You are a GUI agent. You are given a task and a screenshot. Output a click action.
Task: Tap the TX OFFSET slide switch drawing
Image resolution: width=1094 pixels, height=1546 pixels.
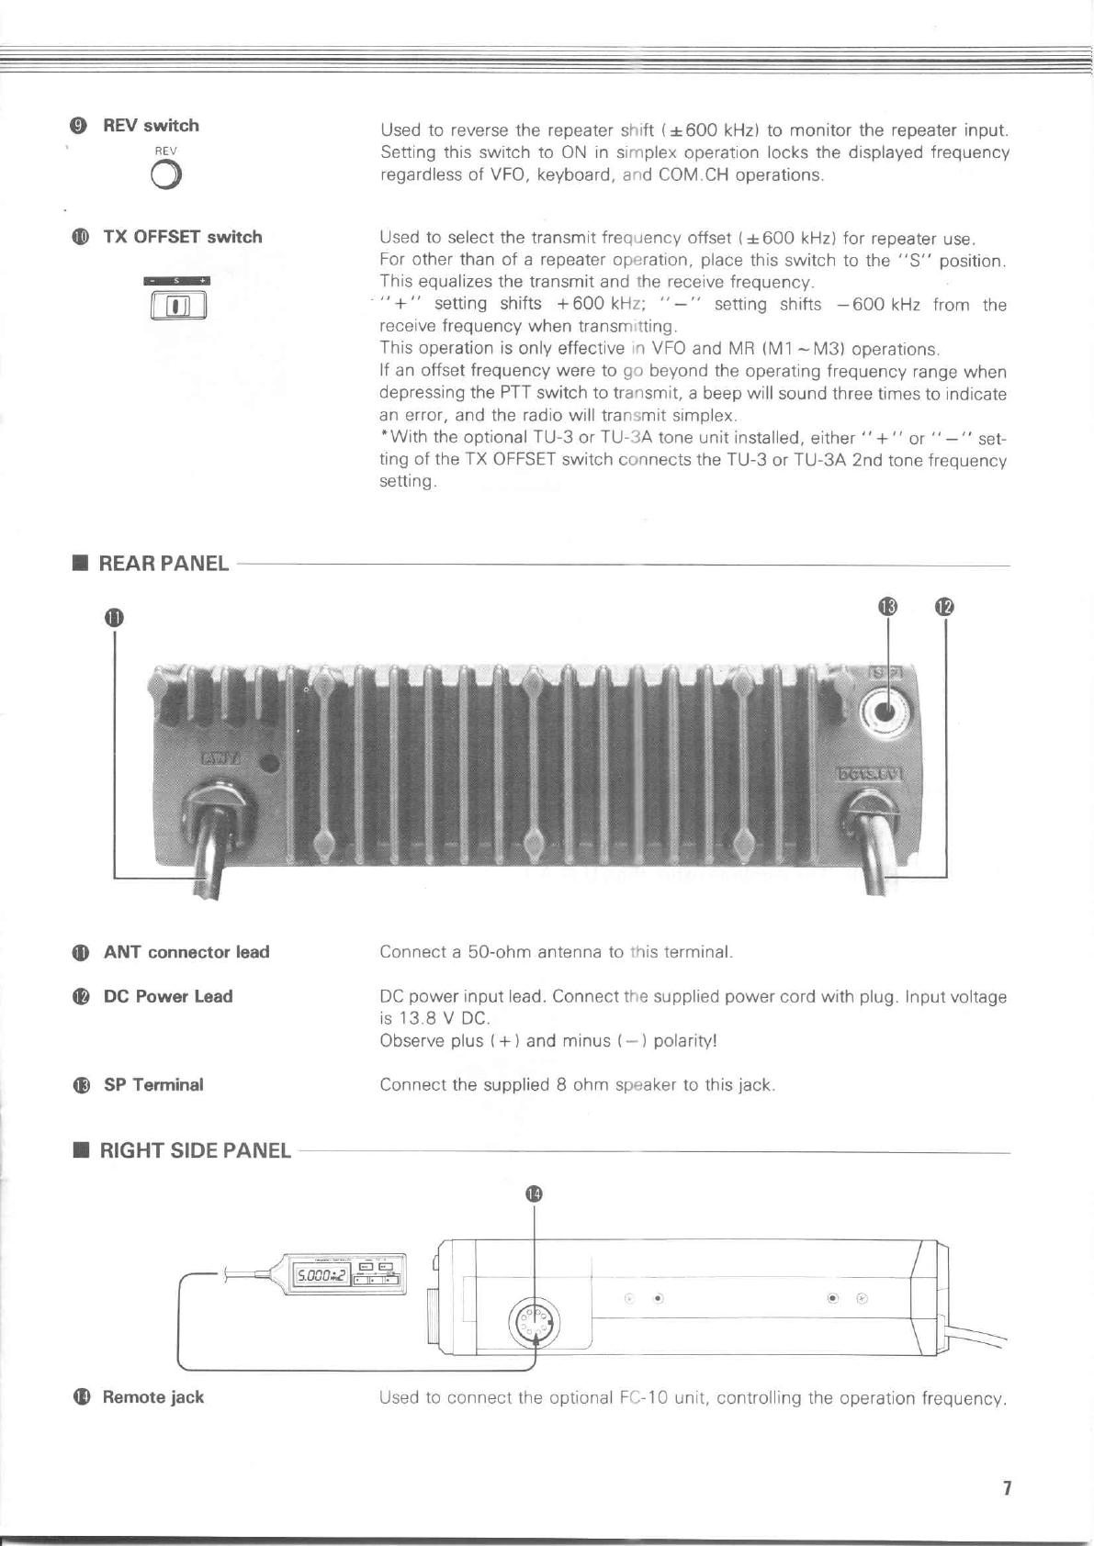[x=178, y=304]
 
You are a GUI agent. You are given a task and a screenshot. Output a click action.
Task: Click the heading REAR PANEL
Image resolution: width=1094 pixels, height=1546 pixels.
[x=163, y=564]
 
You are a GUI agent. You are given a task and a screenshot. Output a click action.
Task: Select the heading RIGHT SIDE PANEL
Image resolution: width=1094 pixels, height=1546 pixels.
[x=195, y=1150]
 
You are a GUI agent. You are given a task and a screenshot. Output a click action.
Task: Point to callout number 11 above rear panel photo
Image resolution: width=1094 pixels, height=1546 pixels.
[x=113, y=617]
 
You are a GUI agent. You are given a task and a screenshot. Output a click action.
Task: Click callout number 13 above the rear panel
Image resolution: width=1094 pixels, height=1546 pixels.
[x=886, y=607]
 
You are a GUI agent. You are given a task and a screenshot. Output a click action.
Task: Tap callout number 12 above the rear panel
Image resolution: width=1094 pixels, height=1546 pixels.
[x=945, y=607]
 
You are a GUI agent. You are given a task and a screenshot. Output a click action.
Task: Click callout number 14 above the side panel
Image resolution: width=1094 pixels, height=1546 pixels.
[x=534, y=1193]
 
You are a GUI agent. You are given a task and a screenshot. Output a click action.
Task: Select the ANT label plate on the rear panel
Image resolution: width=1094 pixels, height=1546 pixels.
[x=220, y=758]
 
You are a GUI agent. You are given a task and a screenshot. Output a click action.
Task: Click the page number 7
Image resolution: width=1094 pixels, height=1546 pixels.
[x=1007, y=1488]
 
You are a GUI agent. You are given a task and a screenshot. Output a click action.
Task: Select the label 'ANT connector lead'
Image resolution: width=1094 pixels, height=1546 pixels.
[x=186, y=952]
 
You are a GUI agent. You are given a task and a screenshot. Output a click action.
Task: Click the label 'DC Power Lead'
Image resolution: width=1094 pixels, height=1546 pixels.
[x=168, y=996]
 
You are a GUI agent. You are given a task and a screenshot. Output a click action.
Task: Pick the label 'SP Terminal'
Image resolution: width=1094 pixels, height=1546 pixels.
[x=153, y=1084]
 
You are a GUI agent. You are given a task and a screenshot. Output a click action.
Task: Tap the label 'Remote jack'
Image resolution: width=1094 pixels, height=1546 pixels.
[x=152, y=1397]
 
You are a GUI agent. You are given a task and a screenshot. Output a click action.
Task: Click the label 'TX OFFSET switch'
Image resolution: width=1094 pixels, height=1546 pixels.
[x=183, y=237]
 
